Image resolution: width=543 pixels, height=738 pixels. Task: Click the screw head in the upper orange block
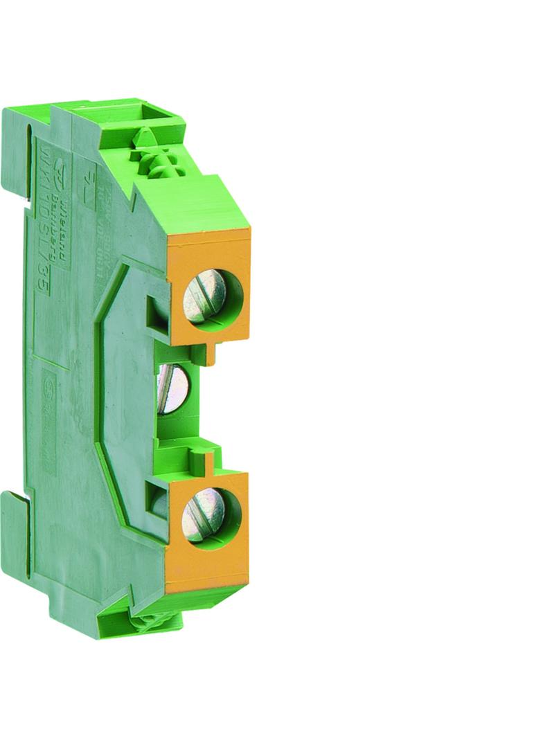click(204, 296)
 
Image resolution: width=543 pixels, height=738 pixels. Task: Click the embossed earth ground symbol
click(88, 189)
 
